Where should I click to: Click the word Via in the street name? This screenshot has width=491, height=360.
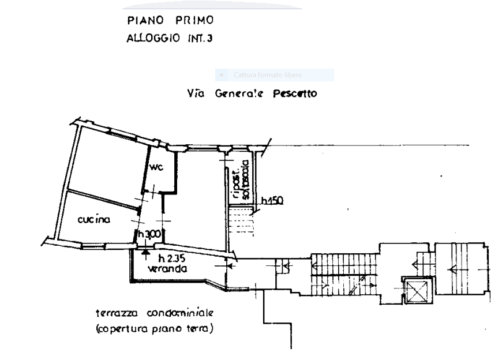(197, 93)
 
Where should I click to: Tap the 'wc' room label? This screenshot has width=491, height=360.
(156, 168)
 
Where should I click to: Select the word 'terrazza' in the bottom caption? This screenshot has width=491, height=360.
(117, 314)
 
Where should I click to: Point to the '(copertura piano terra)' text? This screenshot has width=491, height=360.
(155, 330)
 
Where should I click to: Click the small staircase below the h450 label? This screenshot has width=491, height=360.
(241, 222)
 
